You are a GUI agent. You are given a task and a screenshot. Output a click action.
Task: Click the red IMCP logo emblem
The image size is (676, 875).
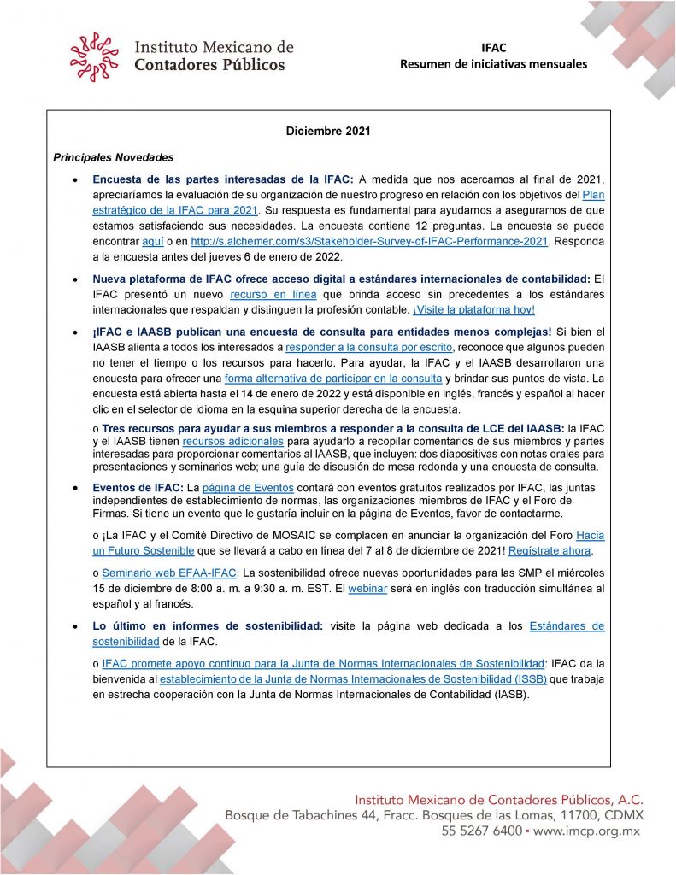tap(94, 57)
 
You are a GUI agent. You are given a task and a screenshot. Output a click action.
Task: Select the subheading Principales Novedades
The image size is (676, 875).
tap(114, 158)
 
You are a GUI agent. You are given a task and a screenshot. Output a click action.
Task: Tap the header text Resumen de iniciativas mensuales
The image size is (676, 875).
tap(493, 64)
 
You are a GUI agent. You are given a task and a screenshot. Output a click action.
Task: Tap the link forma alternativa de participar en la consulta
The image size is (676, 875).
tap(332, 379)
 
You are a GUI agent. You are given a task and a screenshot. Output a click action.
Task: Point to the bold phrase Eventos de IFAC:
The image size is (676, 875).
tap(138, 487)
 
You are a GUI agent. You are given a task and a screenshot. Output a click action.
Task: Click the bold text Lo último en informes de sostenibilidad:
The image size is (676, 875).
tap(208, 626)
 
